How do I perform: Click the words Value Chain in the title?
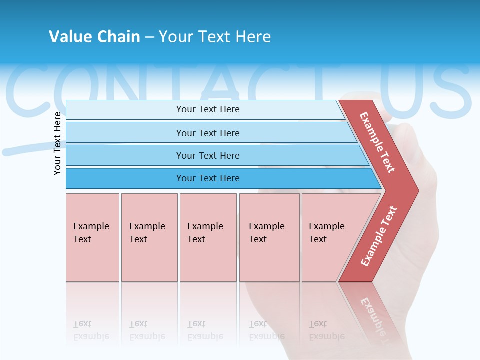94,37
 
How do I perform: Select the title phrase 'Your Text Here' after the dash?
215,37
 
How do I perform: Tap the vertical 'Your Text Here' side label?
58,144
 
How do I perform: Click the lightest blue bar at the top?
207,109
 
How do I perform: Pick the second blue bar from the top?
207,133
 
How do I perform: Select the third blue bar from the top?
207,155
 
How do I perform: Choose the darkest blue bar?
207,178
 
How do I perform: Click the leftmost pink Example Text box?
92,237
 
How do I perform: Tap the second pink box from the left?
149,237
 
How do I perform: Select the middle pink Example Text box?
207,237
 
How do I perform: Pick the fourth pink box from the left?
269,237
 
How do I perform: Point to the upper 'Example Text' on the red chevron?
377,142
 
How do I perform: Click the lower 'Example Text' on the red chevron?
379,236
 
